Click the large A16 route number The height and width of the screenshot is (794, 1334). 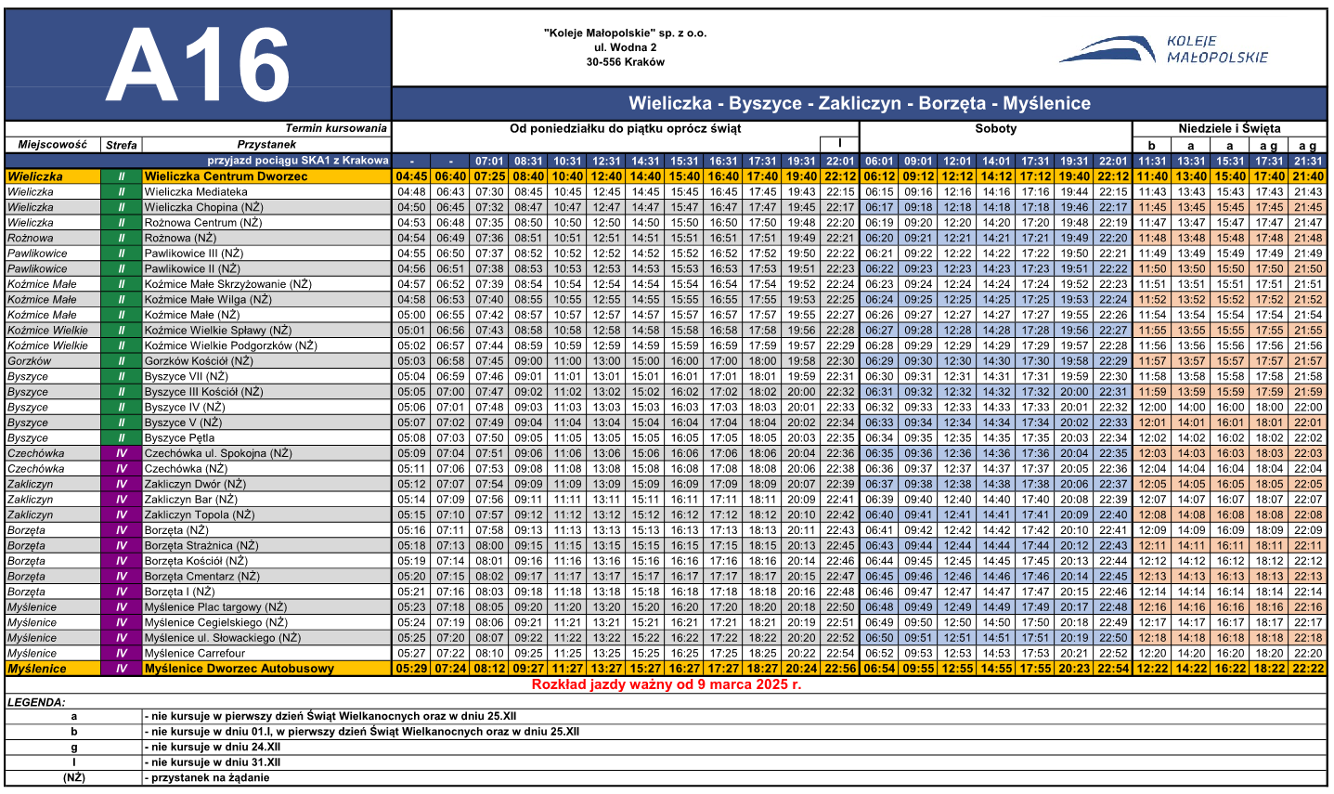pos(198,64)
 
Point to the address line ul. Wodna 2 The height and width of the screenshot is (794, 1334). pos(625,47)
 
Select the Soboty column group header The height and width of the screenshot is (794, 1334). pos(995,129)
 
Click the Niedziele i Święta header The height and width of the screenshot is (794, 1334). pos(1229,129)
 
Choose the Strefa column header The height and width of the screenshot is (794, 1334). pos(121,145)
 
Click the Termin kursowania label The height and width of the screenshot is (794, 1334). pos(335,129)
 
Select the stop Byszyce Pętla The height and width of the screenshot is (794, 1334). pos(180,438)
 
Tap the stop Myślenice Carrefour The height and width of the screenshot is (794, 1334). pos(194,654)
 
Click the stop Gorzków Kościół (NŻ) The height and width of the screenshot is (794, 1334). pos(199,361)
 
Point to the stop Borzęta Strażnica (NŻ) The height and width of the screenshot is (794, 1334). pos(201,546)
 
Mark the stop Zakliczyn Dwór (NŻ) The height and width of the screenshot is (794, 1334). pos(195,485)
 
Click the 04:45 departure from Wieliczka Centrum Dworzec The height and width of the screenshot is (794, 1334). pos(411,176)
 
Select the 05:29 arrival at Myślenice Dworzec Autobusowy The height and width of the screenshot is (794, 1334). pos(411,669)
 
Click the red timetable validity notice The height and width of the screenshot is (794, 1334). pos(666,684)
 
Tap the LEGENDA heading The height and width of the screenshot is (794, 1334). pos(36,703)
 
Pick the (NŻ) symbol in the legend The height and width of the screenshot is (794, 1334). pos(73,778)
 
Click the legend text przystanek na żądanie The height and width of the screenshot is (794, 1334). pos(210,778)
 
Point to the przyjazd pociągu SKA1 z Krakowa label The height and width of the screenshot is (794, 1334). pos(297,161)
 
